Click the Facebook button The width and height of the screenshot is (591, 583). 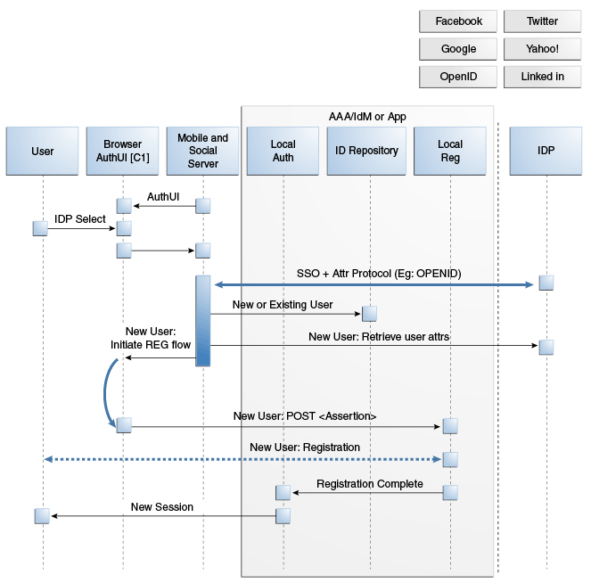coord(458,21)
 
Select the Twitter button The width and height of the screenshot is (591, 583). coord(542,21)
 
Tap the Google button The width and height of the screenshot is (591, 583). coord(458,49)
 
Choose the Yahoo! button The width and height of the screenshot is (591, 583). coord(542,49)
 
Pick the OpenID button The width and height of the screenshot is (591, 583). coord(458,77)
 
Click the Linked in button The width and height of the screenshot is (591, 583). coord(542,77)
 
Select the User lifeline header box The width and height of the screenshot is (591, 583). coord(42,152)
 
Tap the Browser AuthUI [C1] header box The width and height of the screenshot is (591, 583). coord(122,152)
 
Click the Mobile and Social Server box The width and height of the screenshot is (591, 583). coord(202,152)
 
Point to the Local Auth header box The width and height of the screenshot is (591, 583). coord(283,152)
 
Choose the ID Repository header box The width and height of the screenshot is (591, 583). coord(366,152)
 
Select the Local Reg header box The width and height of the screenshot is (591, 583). coord(450,152)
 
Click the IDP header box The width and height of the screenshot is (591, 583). coord(546,152)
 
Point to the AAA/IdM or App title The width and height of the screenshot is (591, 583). coord(367,117)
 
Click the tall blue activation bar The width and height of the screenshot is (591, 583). coord(202,321)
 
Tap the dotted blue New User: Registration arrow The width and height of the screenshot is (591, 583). coord(242,459)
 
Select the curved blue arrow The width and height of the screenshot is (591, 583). coord(105,393)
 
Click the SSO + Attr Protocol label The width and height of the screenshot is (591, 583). coord(379,274)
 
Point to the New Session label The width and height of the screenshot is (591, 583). coord(162,507)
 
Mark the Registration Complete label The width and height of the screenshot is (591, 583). coord(370,484)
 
